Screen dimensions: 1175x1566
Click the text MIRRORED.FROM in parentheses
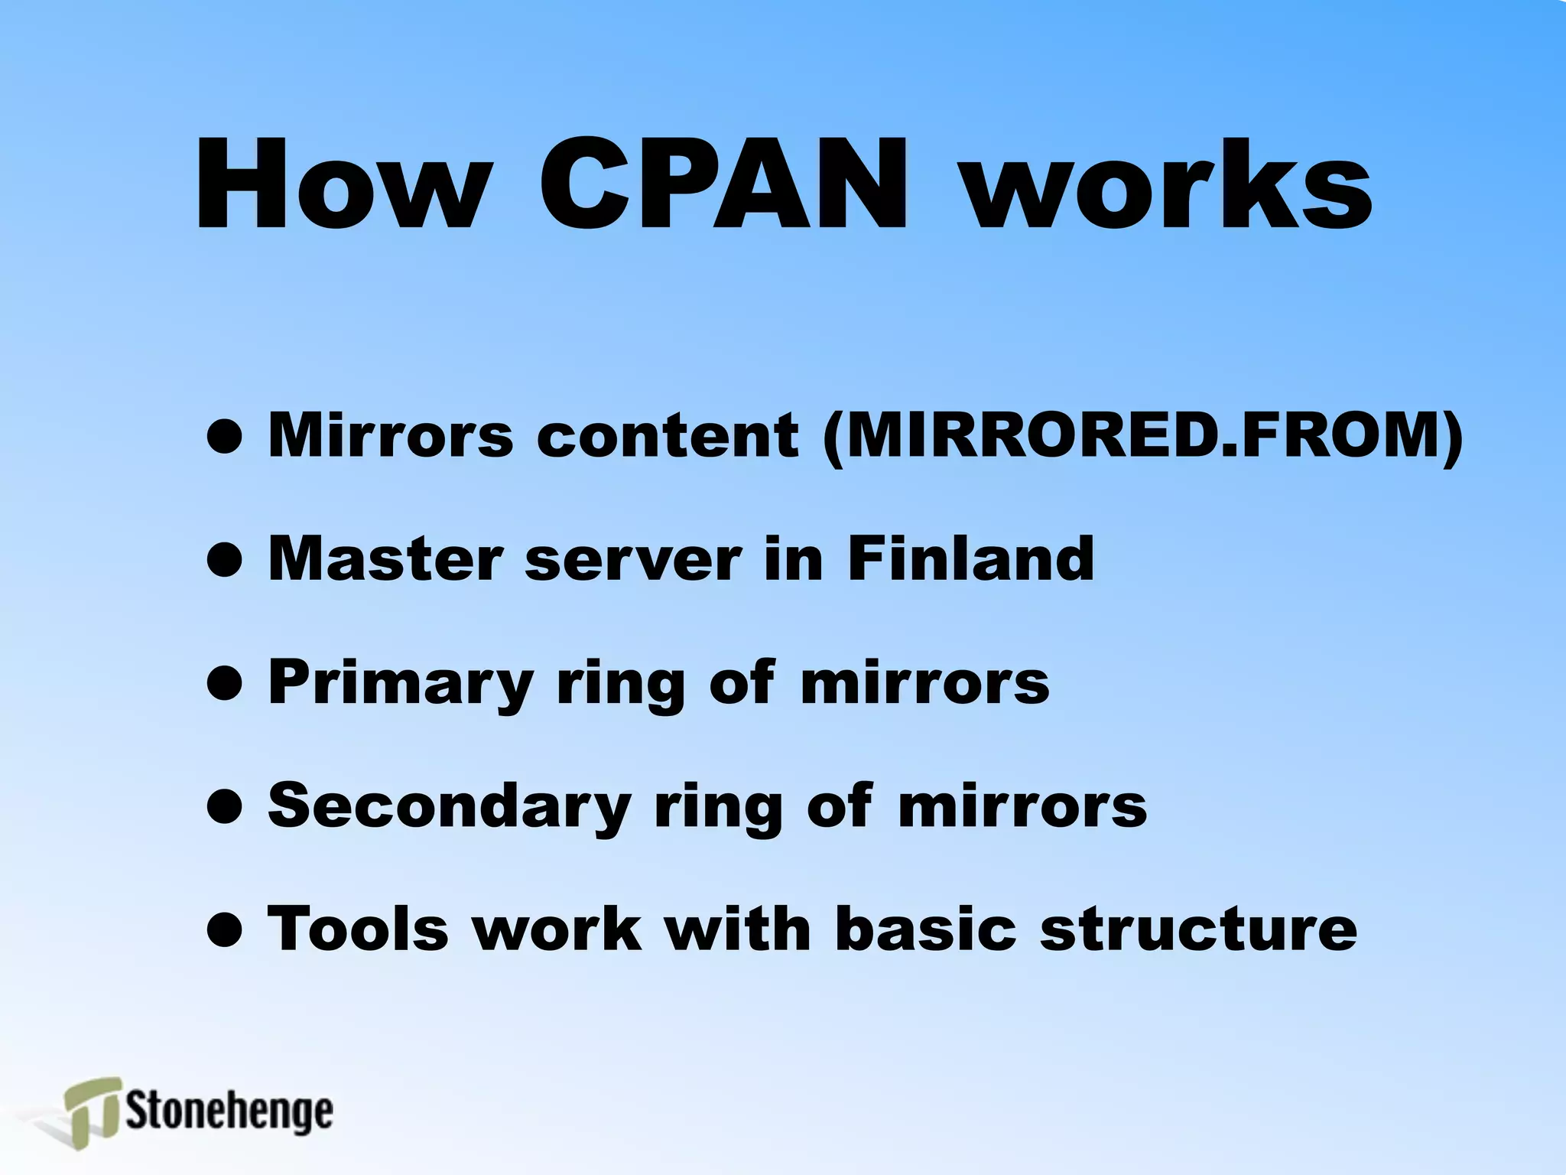(x=1142, y=435)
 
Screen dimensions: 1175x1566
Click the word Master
(x=385, y=558)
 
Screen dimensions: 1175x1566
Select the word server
(x=633, y=560)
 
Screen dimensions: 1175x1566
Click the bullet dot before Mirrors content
(x=225, y=436)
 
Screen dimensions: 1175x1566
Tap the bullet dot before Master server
(x=225, y=559)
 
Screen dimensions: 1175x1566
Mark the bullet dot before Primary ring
(x=225, y=682)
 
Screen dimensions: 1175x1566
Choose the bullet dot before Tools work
(x=225, y=929)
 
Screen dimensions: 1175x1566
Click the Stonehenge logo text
(x=229, y=1112)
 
